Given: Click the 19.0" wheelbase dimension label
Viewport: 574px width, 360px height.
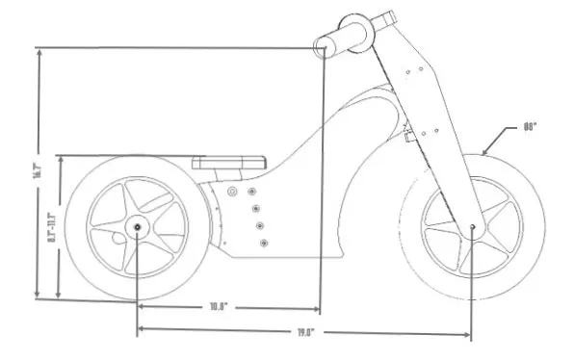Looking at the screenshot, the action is click(304, 332).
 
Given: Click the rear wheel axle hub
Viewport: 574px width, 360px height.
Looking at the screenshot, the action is click(136, 227).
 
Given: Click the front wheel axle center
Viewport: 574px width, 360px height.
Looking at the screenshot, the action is click(473, 227).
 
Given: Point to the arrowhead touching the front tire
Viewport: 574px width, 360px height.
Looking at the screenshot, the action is click(483, 152).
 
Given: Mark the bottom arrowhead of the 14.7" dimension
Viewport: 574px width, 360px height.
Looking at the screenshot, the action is click(39, 295).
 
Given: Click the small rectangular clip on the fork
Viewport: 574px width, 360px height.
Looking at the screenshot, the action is click(408, 137).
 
